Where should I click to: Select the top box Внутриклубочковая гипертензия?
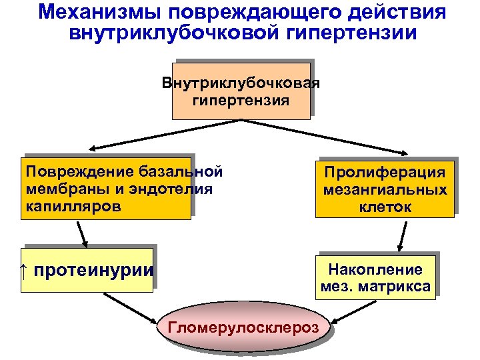pos(241,91)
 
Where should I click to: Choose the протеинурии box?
pos(87,270)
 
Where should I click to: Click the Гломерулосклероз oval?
pos(244,328)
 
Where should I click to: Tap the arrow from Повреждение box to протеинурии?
pos(81,233)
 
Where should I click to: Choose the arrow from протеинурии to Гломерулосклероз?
pos(130,308)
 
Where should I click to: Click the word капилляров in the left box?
pos(73,206)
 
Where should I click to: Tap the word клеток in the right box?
pos(385,207)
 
